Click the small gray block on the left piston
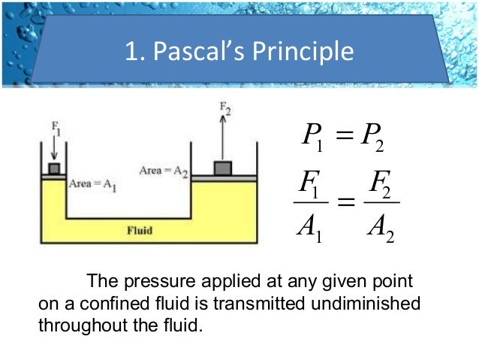click(x=53, y=168)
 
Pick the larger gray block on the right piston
click(x=223, y=167)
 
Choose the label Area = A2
click(x=163, y=171)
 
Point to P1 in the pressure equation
click(x=310, y=137)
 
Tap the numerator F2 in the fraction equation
click(x=380, y=185)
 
